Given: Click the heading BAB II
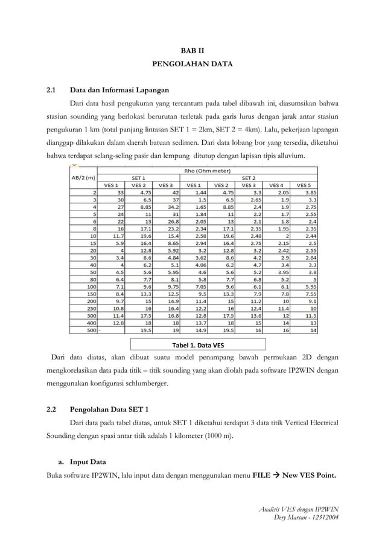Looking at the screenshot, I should pyautogui.click(x=193, y=52).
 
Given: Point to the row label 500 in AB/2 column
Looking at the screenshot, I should pyautogui.click(x=91, y=330).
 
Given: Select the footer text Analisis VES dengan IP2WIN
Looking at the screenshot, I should pyautogui.click(x=298, y=509).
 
